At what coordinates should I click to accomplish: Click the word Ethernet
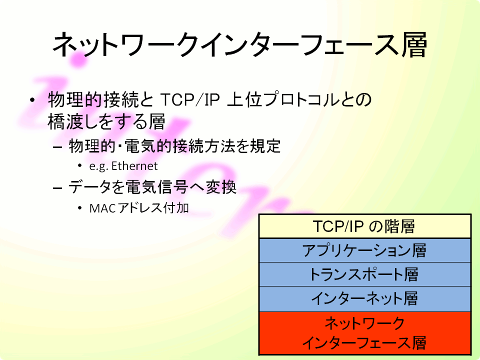[134, 166]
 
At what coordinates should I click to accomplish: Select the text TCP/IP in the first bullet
[190, 99]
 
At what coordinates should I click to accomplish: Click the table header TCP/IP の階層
[364, 226]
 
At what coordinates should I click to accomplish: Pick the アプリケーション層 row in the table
[364, 250]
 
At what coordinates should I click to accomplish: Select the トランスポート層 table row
[364, 274]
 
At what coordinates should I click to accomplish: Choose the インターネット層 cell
[364, 298]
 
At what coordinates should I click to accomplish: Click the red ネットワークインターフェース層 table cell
[364, 333]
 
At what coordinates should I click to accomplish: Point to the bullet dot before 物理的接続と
[32, 100]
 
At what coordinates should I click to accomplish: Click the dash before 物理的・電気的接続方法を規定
[57, 147]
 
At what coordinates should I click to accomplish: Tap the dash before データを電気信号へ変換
[57, 187]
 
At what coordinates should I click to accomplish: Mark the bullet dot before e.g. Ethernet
[80, 166]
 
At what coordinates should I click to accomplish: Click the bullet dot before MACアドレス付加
[80, 208]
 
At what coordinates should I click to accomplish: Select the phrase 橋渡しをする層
[106, 121]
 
